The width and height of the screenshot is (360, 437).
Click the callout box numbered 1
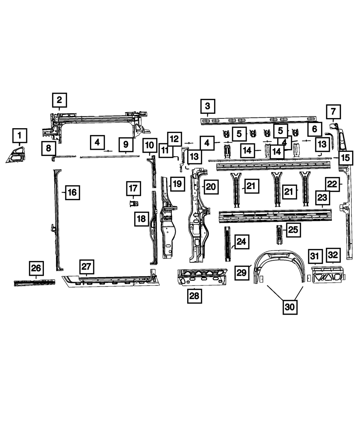[20, 136]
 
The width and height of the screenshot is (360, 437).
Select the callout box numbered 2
[59, 100]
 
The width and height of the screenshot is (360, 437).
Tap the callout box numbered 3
[207, 106]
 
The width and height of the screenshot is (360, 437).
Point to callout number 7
[333, 111]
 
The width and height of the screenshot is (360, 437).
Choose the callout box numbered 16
[72, 192]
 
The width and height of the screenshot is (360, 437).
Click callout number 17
[133, 188]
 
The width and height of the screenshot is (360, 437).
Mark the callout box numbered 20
[211, 186]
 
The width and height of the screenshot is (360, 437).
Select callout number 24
[241, 242]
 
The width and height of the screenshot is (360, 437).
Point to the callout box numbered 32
[333, 255]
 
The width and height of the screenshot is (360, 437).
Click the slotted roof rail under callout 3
[258, 120]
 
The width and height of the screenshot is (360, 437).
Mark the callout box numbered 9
[126, 144]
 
